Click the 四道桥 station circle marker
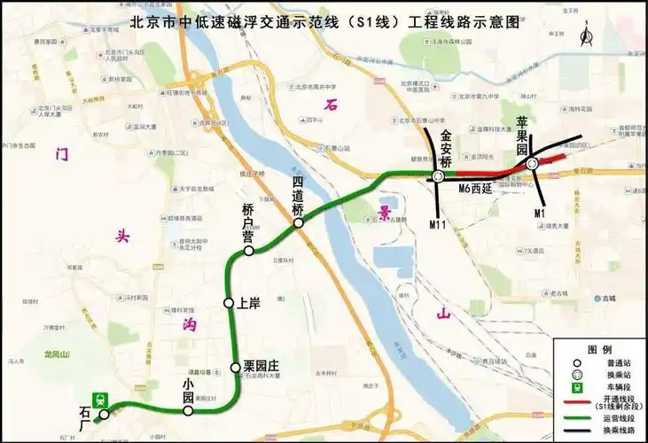point(300,223)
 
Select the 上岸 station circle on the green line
point(230,304)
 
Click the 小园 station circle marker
point(188,410)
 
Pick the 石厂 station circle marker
point(104,414)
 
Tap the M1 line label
point(540,214)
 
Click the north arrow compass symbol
point(584,35)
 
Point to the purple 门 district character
point(62,152)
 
